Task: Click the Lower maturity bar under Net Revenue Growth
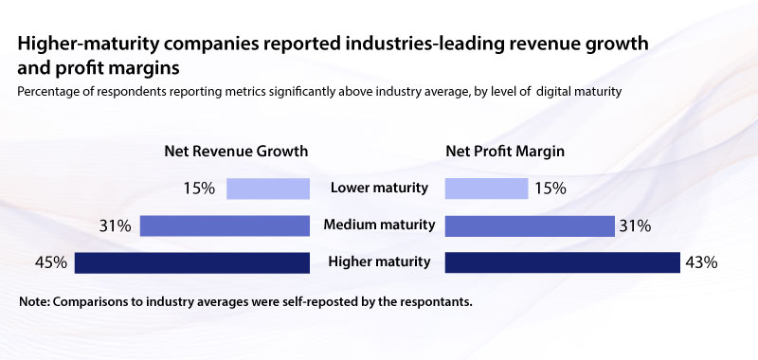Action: (269, 188)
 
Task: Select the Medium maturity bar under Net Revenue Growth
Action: (226, 225)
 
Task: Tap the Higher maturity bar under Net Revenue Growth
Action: (192, 262)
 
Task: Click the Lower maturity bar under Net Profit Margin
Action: (486, 188)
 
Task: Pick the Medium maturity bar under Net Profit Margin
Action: (529, 225)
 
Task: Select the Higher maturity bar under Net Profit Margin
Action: (562, 262)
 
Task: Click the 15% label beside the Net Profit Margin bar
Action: (550, 188)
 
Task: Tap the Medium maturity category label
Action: (378, 225)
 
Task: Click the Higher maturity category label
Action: (378, 262)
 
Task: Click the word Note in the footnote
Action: (34, 302)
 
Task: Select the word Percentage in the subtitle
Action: (51, 91)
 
